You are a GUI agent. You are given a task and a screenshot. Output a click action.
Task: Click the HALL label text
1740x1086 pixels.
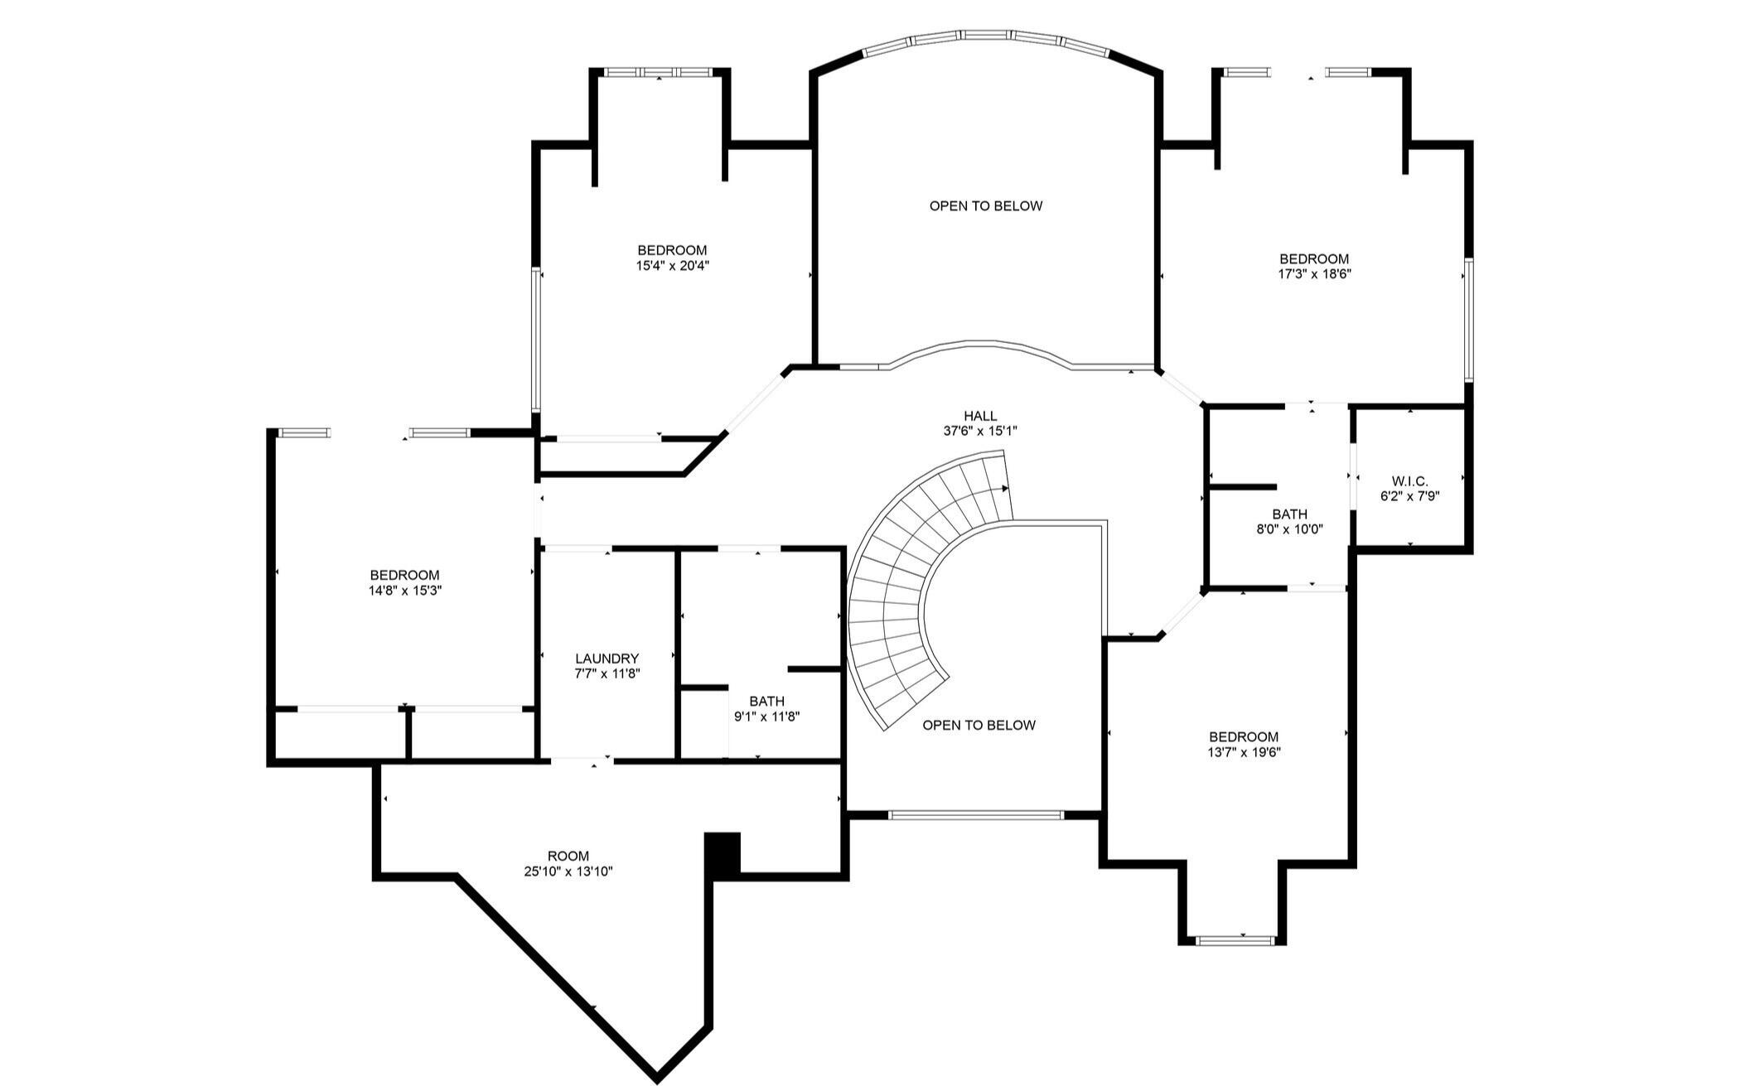[x=980, y=416]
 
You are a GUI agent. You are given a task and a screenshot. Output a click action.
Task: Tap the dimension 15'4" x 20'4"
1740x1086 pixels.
[x=673, y=266]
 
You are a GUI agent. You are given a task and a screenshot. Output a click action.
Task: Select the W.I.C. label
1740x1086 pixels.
[x=1409, y=481]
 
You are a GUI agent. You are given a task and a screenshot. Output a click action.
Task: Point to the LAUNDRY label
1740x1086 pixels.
[x=607, y=659]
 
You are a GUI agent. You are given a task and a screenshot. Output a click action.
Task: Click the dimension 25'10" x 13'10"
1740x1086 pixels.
[x=568, y=871]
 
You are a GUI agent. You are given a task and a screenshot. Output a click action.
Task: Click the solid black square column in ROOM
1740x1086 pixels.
[x=722, y=853]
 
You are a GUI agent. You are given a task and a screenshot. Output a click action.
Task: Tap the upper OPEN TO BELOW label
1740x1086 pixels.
[x=985, y=205]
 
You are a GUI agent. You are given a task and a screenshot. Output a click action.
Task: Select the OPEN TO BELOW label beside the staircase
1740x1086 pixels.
[x=979, y=725]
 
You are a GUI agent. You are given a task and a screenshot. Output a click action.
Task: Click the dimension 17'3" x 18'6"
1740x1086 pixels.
[x=1314, y=274]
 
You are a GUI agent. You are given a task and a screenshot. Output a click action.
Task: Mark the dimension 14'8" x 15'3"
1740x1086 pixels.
[x=404, y=591]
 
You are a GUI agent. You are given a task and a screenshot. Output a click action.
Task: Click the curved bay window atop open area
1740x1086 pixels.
[x=985, y=38]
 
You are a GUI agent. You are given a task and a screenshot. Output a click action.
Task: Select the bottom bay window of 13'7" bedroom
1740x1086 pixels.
[x=1235, y=940]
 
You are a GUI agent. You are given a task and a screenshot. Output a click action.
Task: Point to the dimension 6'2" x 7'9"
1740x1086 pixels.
[x=1409, y=496]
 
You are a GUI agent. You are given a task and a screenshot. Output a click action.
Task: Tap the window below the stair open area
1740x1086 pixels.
[x=975, y=815]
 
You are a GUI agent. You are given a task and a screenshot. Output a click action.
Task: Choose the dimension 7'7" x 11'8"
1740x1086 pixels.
[x=607, y=673]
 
